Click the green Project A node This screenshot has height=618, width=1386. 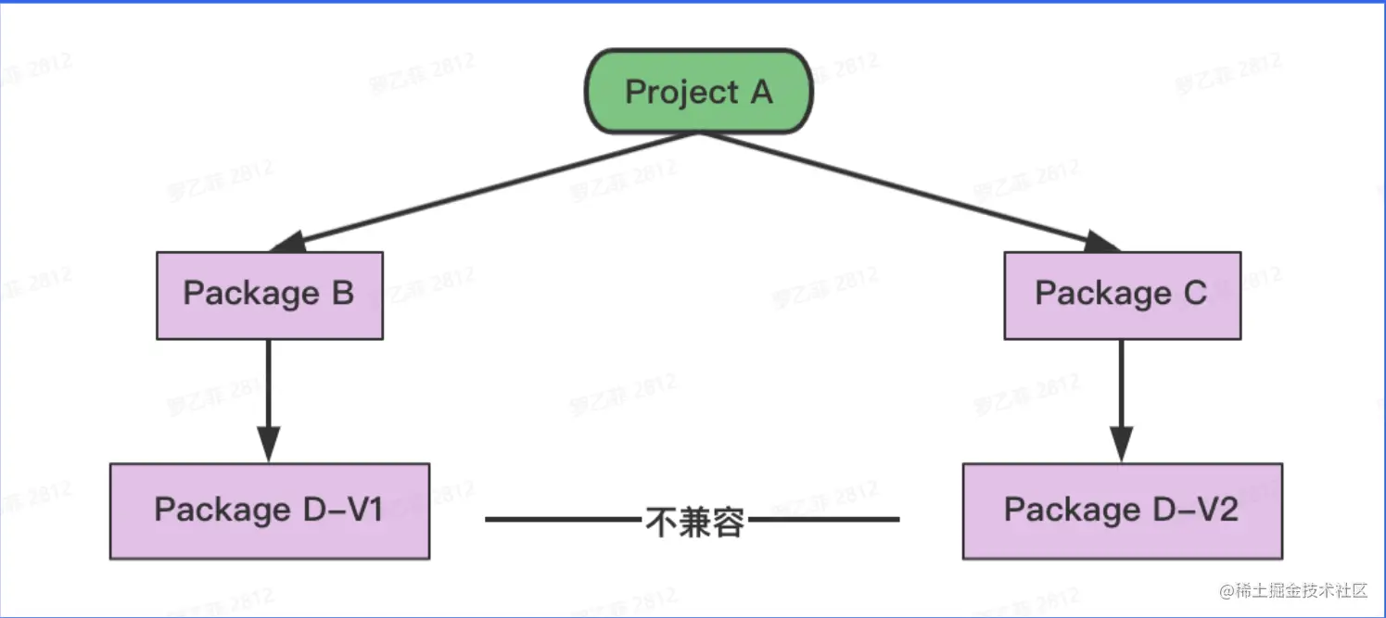tap(698, 92)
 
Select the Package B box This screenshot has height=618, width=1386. tap(269, 295)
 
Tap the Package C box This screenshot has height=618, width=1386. tap(1122, 295)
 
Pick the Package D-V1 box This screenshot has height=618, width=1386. tap(269, 511)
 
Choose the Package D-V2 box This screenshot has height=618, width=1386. tap(1122, 511)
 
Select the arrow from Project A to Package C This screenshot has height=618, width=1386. tap(909, 191)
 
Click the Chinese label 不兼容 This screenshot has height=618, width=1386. tap(695, 521)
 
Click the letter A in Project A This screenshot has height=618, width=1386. tap(760, 92)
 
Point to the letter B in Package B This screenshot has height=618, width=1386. tap(341, 294)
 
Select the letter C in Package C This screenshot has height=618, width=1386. tap(1194, 294)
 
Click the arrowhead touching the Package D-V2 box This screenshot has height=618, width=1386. tap(1122, 446)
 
